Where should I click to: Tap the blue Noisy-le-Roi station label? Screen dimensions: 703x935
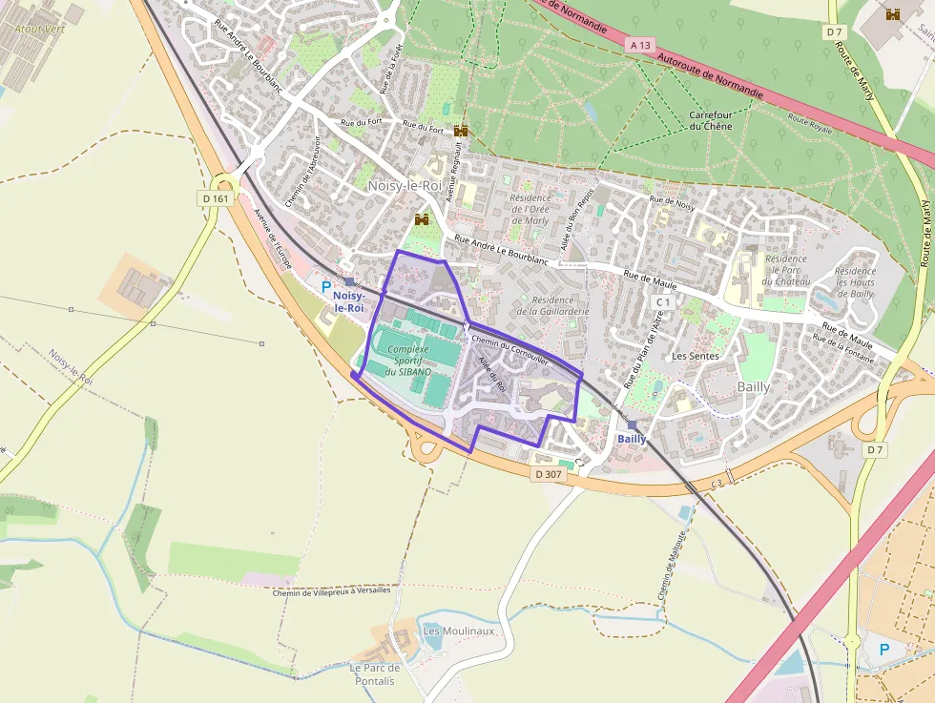(x=349, y=301)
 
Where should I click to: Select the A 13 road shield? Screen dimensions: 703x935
(x=639, y=45)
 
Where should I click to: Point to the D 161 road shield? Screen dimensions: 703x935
(x=217, y=198)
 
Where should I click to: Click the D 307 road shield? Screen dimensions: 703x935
(x=549, y=474)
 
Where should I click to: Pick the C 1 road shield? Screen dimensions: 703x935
(x=664, y=301)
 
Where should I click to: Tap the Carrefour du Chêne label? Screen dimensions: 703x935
(x=711, y=120)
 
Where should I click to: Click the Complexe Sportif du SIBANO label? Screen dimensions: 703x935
(x=408, y=361)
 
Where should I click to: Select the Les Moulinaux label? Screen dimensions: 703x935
(x=458, y=631)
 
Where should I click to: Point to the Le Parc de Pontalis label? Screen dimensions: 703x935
(x=374, y=674)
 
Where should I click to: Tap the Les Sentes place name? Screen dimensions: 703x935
(x=695, y=356)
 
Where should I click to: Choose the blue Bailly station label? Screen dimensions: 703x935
(x=632, y=439)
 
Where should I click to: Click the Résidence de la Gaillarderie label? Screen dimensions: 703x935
(x=553, y=305)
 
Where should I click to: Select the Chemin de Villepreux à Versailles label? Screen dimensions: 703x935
(x=331, y=590)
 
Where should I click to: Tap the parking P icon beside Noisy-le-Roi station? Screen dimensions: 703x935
(x=326, y=286)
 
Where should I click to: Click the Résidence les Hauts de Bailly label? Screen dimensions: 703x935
(x=855, y=283)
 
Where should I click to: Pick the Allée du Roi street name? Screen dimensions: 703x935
(x=490, y=375)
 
